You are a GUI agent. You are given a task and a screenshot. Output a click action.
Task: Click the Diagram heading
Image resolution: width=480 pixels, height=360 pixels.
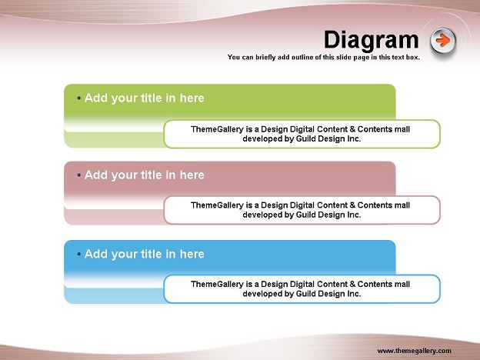[x=371, y=40]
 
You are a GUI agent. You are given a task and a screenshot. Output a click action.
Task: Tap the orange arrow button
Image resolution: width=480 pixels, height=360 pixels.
[x=443, y=41]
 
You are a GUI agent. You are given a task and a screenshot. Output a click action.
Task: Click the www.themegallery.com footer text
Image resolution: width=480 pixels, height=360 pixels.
[x=414, y=351]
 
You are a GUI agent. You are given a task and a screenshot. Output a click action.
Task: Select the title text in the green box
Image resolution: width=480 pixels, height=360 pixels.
[x=144, y=98]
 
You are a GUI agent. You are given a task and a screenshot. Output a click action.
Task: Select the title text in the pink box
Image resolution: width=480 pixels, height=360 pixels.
[x=144, y=175]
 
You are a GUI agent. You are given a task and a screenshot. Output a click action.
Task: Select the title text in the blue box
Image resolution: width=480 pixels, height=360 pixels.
[x=144, y=254]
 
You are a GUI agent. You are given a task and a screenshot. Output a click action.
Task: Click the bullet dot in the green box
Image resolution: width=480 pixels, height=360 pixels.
[x=79, y=98]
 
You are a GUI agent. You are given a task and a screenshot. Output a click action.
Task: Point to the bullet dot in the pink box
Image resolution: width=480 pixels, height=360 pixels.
[x=79, y=175]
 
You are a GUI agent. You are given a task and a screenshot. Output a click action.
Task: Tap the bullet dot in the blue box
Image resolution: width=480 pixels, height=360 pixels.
[x=79, y=254]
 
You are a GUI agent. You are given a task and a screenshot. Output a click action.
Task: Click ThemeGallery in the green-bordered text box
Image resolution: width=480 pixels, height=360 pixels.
[x=217, y=129]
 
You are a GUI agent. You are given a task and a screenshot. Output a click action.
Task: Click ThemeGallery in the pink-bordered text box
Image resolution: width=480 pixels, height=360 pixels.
[x=217, y=205]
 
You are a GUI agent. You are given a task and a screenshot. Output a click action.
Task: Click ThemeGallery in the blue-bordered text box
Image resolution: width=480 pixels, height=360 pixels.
[x=217, y=285]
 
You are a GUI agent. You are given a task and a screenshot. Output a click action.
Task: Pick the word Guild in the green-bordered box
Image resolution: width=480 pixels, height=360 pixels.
[x=306, y=138]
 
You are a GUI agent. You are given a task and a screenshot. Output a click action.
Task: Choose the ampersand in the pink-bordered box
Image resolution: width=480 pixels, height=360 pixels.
[x=352, y=205]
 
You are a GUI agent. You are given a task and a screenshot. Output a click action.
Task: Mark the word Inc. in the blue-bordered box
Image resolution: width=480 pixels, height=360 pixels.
[x=354, y=294]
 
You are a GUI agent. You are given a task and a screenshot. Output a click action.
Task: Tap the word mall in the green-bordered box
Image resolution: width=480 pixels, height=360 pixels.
[x=402, y=129]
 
